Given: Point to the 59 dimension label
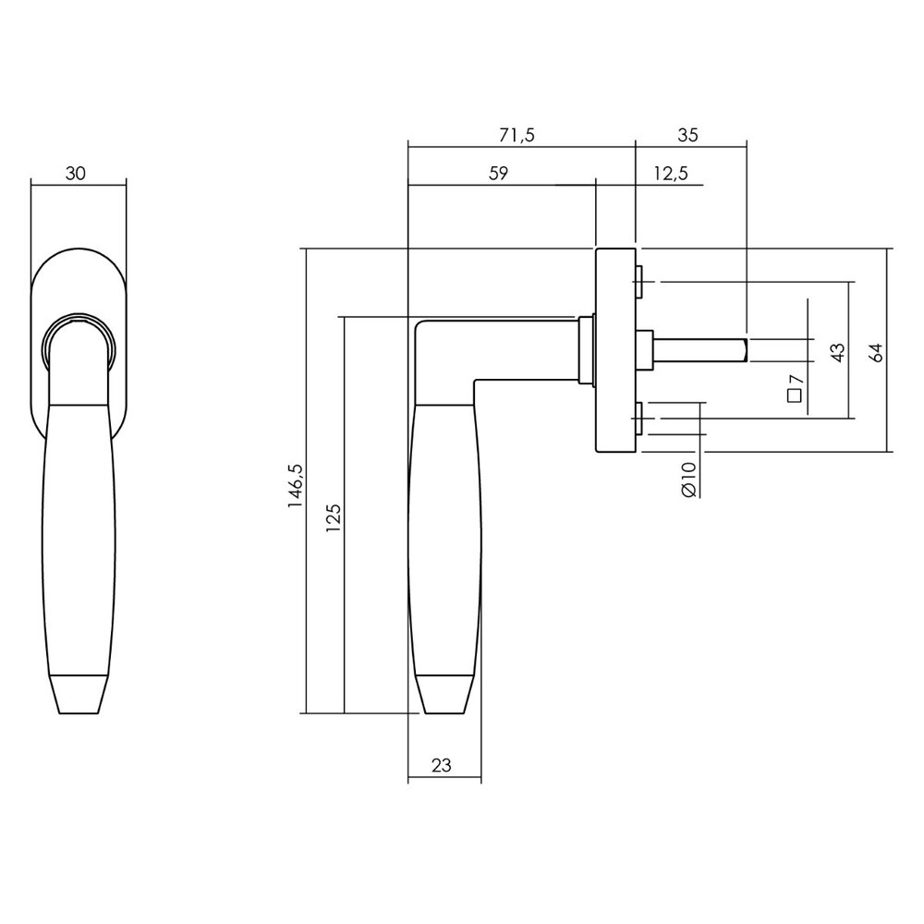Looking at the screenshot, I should [x=498, y=174].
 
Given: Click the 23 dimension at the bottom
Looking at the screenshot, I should [x=442, y=765].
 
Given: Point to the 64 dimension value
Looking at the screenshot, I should [x=877, y=351].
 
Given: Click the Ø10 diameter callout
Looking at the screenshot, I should [x=687, y=479].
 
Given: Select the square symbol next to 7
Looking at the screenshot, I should [x=793, y=396].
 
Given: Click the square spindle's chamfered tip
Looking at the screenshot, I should [x=743, y=350].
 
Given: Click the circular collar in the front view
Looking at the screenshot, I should [x=79, y=338].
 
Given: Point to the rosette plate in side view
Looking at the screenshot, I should [x=614, y=351].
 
